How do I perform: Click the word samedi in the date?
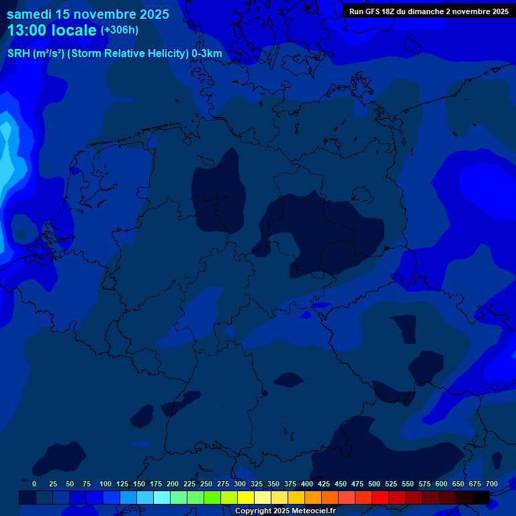(30, 14)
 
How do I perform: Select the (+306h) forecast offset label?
(119, 30)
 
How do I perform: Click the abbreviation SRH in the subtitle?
(18, 54)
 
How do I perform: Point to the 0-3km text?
(206, 54)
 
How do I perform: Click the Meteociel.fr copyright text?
(308, 511)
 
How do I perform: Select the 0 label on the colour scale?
(34, 484)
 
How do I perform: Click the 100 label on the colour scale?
(105, 484)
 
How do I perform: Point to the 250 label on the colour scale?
(206, 484)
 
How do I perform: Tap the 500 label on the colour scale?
(374, 484)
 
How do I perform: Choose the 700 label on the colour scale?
(492, 484)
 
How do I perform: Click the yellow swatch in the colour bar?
(246, 497)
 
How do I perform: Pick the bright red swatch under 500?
(380, 497)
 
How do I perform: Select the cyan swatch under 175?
(162, 497)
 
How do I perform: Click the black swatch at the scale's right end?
(481, 497)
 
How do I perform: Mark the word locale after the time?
(73, 30)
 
